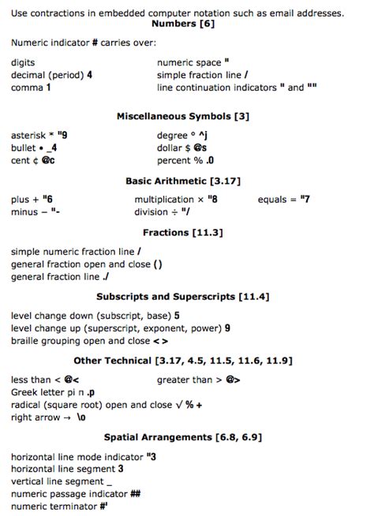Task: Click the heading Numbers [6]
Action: tap(186, 24)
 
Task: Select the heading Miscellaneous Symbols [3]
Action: tap(183, 116)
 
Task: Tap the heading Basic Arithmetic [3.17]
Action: tap(183, 181)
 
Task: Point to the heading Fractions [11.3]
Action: tap(183, 233)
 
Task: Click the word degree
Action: tap(174, 136)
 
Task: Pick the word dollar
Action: tap(170, 148)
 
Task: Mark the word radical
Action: tap(28, 405)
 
